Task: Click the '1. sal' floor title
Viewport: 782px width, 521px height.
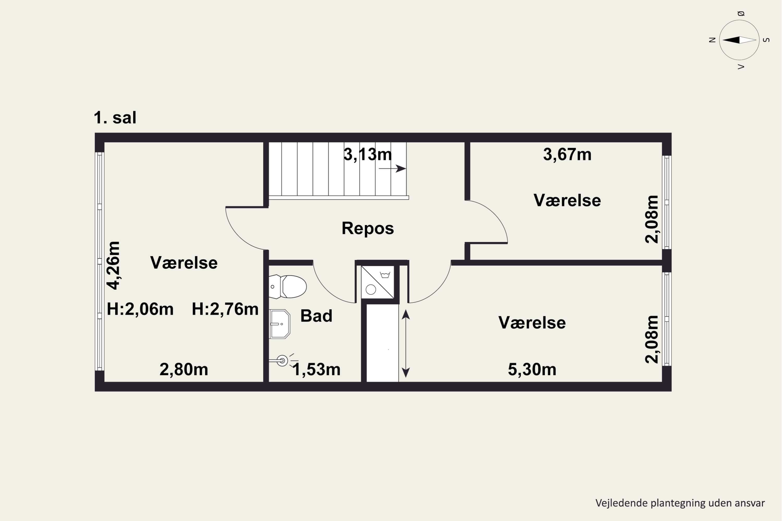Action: tap(115, 118)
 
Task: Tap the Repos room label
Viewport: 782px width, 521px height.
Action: tap(368, 228)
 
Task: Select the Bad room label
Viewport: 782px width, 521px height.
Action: tap(316, 316)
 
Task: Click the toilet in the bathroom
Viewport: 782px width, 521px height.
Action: tap(288, 286)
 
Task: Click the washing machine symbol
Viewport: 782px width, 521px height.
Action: tap(378, 282)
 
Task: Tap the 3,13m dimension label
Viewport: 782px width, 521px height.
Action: tap(368, 154)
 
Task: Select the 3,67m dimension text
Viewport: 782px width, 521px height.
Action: tap(567, 154)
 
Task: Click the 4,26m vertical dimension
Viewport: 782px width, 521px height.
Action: tap(113, 265)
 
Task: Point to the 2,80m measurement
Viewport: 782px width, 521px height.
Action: tap(184, 369)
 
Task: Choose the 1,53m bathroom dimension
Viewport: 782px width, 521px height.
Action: tap(316, 369)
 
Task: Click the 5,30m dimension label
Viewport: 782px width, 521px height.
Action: tap(532, 369)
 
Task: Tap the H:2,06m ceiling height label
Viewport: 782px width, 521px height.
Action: tap(140, 309)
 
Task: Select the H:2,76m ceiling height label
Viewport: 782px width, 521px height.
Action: tap(225, 309)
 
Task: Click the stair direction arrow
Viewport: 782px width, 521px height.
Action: tap(392, 169)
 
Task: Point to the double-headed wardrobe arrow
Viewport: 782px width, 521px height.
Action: tap(406, 344)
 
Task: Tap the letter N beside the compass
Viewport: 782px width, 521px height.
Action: tap(712, 40)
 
